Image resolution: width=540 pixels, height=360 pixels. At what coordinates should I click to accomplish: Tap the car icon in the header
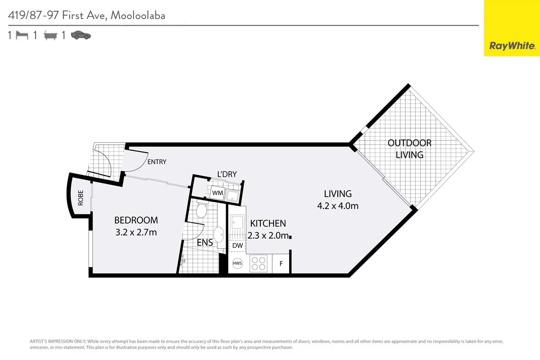81,35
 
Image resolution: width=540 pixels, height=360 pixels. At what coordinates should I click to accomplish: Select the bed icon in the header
22,36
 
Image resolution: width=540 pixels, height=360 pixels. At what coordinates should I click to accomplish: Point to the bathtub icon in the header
50,36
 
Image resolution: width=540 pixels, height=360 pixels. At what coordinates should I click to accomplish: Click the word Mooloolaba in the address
138,15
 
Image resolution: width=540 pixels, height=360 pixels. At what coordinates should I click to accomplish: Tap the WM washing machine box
217,193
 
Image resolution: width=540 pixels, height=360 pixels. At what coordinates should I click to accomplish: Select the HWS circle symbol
237,263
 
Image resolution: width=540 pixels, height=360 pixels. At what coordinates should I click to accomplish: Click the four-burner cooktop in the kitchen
258,263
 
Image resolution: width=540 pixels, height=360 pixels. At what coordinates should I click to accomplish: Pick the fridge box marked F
281,263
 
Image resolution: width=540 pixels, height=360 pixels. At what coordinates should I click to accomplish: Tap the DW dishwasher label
237,246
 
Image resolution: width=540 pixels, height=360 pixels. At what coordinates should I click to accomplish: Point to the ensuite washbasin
219,235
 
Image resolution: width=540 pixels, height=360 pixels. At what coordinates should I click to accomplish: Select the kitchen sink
237,222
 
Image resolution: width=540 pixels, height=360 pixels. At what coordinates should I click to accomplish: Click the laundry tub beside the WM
233,196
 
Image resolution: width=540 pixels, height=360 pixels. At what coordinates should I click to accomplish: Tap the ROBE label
81,198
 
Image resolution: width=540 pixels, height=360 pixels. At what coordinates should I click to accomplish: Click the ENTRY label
157,162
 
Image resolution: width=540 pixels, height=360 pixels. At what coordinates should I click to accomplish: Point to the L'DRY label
227,174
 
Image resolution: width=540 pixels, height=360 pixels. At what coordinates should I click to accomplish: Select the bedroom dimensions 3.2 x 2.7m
136,233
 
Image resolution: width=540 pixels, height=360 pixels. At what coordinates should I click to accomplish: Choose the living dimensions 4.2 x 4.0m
338,206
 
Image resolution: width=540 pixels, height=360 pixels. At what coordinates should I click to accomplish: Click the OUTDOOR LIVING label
410,149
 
